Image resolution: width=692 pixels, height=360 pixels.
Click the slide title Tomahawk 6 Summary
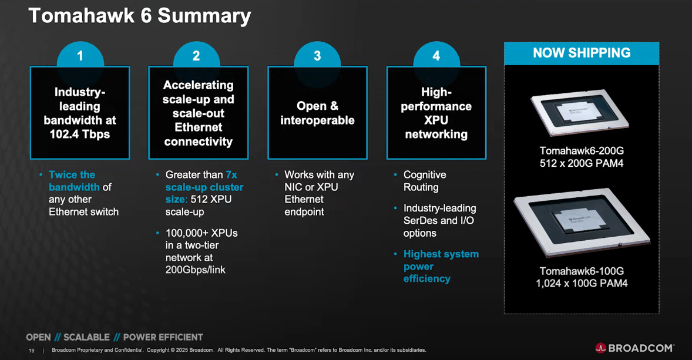140,16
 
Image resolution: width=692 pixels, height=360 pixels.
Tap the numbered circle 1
80,56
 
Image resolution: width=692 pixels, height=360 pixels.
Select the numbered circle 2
196,56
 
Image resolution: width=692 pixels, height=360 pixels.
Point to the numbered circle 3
317,56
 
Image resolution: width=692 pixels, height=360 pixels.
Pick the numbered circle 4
436,56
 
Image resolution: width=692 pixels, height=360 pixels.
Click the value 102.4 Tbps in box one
80,134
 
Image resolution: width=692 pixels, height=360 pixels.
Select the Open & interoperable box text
317,113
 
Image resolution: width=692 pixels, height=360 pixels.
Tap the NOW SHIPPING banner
582,53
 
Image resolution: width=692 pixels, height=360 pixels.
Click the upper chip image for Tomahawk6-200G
580,112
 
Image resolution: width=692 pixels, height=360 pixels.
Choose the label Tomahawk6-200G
582,151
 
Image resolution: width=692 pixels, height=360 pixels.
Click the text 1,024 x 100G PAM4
582,284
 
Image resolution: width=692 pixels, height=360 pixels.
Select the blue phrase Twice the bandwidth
73,181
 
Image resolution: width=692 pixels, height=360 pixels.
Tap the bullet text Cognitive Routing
424,181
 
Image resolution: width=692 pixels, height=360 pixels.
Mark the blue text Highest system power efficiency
440,266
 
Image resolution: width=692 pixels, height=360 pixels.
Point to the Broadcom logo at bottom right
634,348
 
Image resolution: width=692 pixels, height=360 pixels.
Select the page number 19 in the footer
32,351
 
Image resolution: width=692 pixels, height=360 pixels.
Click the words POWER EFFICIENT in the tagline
163,337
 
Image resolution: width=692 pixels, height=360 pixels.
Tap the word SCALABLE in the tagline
86,337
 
